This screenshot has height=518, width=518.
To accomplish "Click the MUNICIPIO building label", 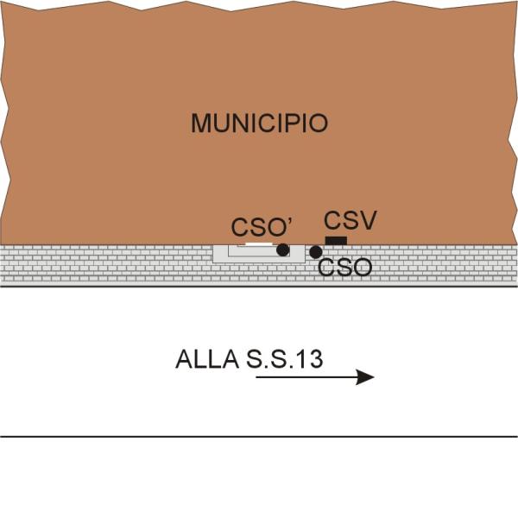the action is pos(259,123).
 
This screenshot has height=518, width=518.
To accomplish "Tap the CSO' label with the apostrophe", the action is pos(262,228).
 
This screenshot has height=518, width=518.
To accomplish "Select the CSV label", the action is pos(350,221).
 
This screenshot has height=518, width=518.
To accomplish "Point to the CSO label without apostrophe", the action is pos(344,268).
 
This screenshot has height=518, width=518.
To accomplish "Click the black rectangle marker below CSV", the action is pos(336,240).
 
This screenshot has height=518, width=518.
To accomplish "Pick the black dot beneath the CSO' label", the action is pos(282,250).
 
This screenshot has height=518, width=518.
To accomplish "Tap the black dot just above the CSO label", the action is pos(316,252).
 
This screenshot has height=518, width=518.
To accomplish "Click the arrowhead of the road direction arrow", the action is pos(366,377).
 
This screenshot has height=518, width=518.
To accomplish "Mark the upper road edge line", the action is pos(129,287).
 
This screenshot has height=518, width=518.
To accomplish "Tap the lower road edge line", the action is pos(259,436).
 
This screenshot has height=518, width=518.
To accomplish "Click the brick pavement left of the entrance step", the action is pos(104,263).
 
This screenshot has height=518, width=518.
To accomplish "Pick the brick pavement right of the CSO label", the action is pos(440,263).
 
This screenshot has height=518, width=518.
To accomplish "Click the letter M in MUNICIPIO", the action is pos(201,123).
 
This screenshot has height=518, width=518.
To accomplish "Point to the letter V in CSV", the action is pos(367,221).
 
